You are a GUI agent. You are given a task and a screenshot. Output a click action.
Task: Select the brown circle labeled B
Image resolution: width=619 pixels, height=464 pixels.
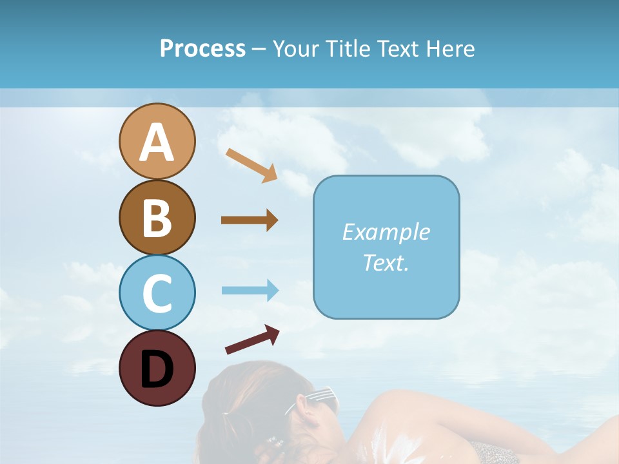click(157, 218)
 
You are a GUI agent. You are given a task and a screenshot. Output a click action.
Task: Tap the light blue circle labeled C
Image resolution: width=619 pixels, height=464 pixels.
click(157, 293)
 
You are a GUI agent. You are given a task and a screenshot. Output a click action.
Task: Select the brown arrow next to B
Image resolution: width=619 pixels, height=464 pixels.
click(250, 220)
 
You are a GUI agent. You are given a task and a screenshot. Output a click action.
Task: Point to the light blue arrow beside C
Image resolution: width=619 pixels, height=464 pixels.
click(250, 290)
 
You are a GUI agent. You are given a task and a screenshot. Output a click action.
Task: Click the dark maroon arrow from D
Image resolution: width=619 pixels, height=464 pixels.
click(252, 340)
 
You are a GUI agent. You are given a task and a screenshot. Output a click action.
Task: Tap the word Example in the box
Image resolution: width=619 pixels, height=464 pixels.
click(386, 232)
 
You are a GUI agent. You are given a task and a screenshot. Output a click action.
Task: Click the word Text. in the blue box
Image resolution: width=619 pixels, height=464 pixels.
click(386, 262)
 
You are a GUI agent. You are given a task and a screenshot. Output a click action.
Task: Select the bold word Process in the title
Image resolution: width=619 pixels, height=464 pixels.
click(202, 48)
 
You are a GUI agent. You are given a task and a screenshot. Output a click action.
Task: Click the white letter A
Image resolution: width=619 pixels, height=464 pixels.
click(157, 142)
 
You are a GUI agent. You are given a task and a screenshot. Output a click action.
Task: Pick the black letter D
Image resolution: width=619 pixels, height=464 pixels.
click(157, 369)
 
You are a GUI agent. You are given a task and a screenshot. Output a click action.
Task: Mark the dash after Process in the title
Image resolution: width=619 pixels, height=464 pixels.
click(259, 50)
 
